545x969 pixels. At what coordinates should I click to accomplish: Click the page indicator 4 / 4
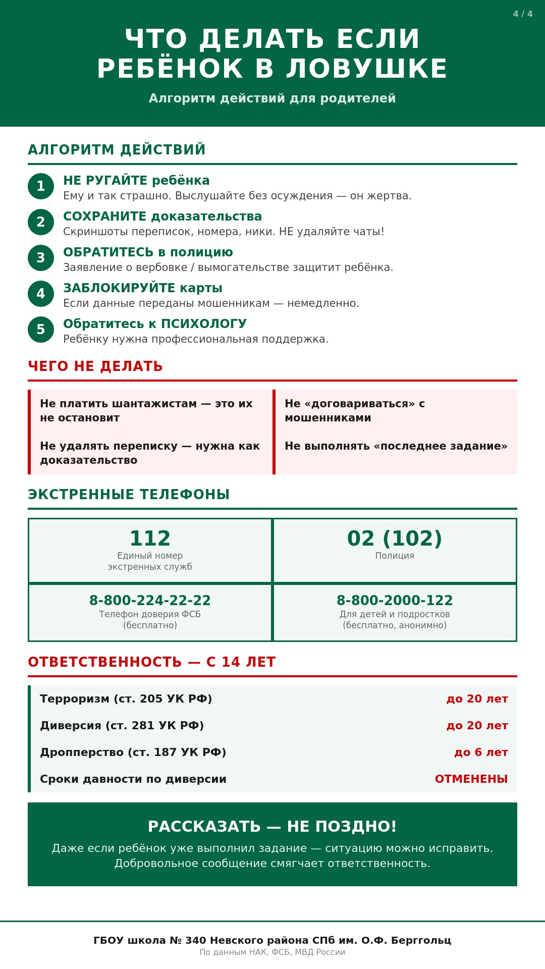pos(522,14)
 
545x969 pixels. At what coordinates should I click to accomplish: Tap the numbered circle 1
pos(41,186)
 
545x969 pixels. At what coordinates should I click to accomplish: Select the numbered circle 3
pos(41,258)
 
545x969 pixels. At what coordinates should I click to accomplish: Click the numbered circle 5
pos(41,330)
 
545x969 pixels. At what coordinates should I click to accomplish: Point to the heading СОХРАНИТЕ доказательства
pos(162,217)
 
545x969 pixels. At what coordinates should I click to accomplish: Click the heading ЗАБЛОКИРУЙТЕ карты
pos(143,288)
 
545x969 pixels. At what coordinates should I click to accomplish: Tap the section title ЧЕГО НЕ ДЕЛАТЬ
pos(95,366)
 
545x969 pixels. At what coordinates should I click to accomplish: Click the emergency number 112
pos(150,539)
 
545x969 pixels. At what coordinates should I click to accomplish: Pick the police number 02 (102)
pos(395,539)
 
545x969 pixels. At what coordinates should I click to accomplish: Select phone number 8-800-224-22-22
pos(150,601)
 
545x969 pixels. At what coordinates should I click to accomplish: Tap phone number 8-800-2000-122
pos(395,601)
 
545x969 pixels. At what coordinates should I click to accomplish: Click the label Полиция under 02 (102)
pos(395,556)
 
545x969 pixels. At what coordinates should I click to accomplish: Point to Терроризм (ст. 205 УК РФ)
pos(126,699)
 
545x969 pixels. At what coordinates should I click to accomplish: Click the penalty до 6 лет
pos(481,752)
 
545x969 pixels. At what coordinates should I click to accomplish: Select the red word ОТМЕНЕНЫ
pos(471,779)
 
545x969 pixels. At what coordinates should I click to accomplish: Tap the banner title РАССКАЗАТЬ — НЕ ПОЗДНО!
pos(272,827)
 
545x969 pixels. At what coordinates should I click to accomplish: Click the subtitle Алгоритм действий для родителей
pos(272,98)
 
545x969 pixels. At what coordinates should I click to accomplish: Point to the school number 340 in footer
pos(195,941)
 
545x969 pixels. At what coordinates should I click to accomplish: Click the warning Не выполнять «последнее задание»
pos(396,446)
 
